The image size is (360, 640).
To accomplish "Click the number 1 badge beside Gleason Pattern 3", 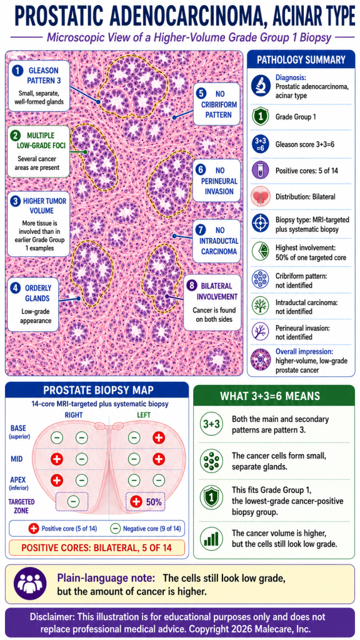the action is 17,70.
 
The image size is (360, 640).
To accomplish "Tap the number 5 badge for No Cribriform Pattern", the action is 201,93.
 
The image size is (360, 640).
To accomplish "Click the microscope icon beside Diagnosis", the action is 261,85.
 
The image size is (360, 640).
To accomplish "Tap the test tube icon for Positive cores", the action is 261,170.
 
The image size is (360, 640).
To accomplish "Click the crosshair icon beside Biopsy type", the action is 261,223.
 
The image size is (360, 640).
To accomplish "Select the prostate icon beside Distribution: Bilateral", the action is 261,197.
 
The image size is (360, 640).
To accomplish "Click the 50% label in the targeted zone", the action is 154,502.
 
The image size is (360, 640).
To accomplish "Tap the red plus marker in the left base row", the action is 158,437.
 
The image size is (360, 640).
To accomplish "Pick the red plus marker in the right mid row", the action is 57,459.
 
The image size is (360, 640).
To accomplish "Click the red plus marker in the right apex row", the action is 57,480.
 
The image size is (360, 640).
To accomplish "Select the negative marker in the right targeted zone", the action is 73,501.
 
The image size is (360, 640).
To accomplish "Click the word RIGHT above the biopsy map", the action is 74,415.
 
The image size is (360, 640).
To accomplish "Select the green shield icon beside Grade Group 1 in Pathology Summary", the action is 261,116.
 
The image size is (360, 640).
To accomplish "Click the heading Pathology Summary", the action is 301,61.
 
